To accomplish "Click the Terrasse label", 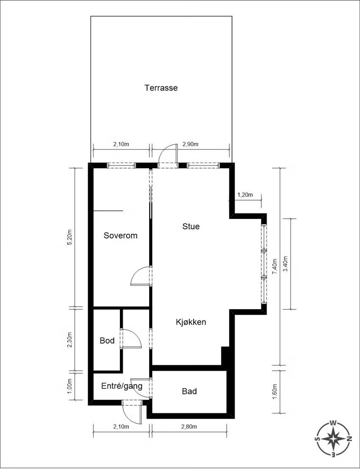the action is (x=161, y=88).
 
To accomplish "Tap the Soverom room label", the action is (x=121, y=236).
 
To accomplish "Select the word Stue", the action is (x=191, y=226).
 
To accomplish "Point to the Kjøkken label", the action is (x=191, y=322).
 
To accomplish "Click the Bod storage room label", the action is (x=107, y=340).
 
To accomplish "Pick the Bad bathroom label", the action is (x=189, y=391).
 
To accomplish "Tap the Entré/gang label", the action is (x=122, y=386).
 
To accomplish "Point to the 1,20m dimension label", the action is (x=245, y=195).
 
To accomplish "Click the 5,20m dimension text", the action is (x=70, y=237).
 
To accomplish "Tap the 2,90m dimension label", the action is (x=191, y=144).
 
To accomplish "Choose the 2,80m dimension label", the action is (x=189, y=427).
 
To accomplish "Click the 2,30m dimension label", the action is (x=70, y=340).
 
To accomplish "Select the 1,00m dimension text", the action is (x=70, y=386).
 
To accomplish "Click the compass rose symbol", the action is (x=333, y=439).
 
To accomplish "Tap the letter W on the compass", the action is (x=333, y=423).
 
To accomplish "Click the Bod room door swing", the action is (x=131, y=339).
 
